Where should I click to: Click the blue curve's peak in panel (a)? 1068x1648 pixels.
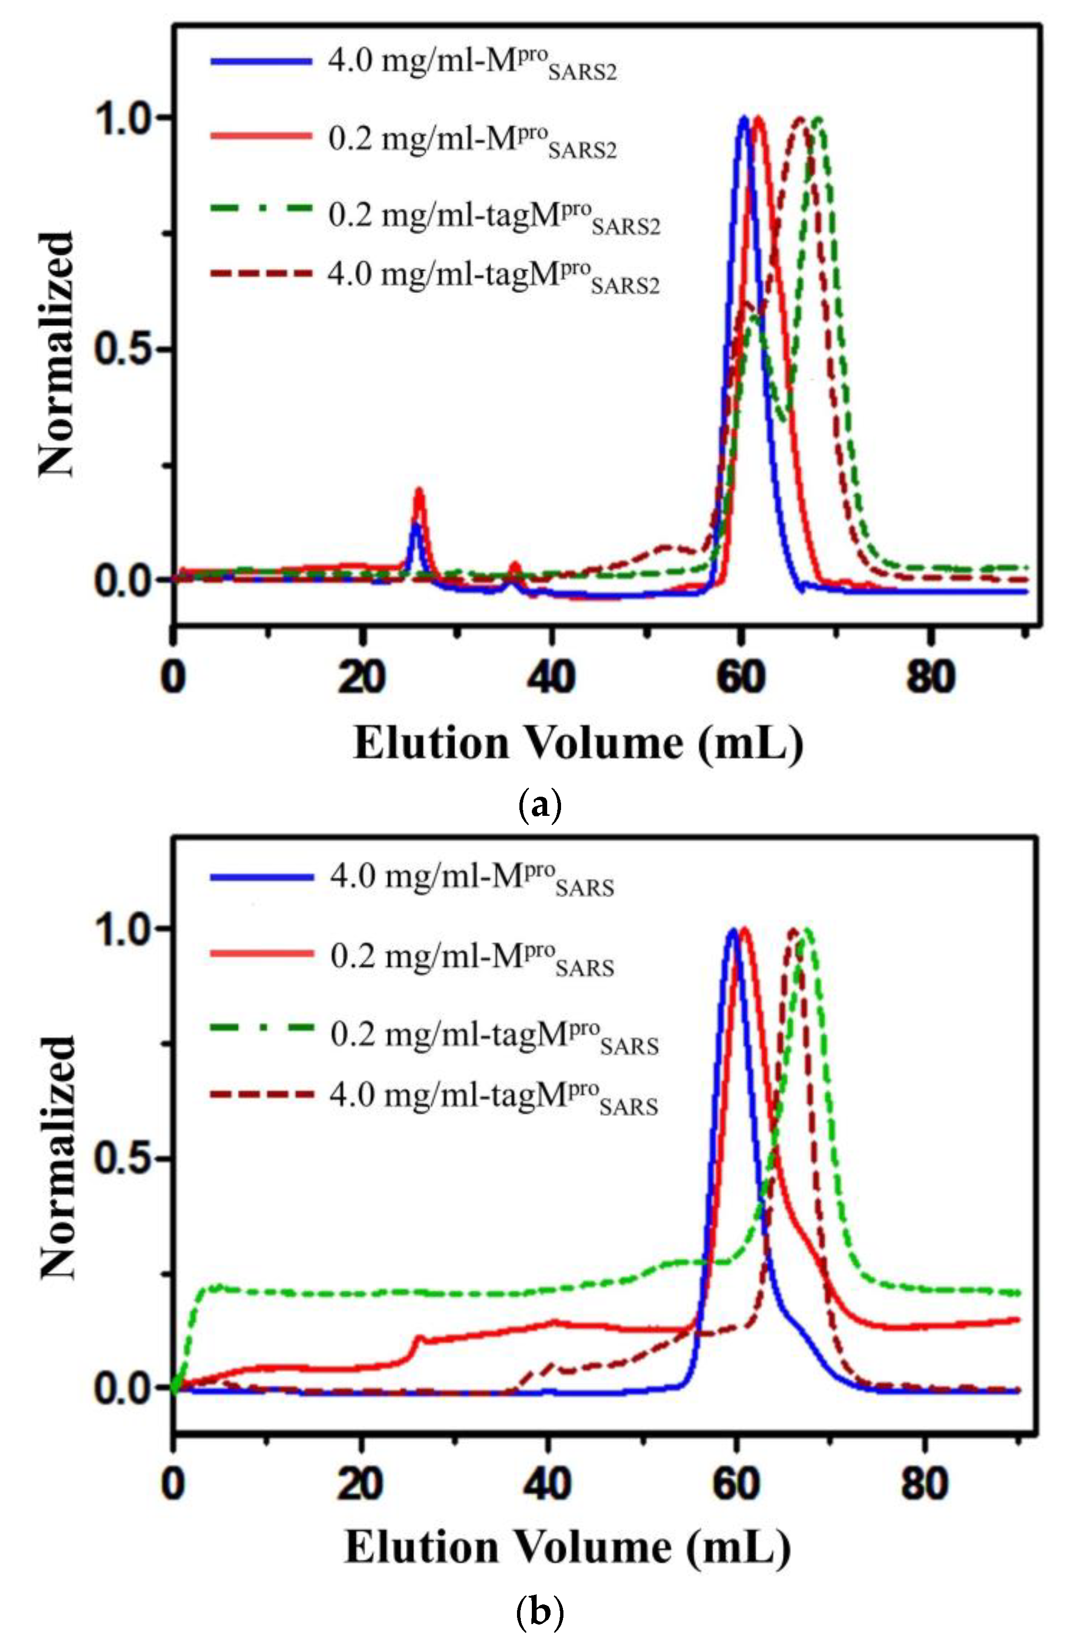click(744, 118)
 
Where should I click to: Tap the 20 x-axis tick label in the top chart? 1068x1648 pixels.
click(362, 677)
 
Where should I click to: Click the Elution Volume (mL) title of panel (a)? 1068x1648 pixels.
click(578, 744)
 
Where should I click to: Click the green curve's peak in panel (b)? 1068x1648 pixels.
click(806, 931)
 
